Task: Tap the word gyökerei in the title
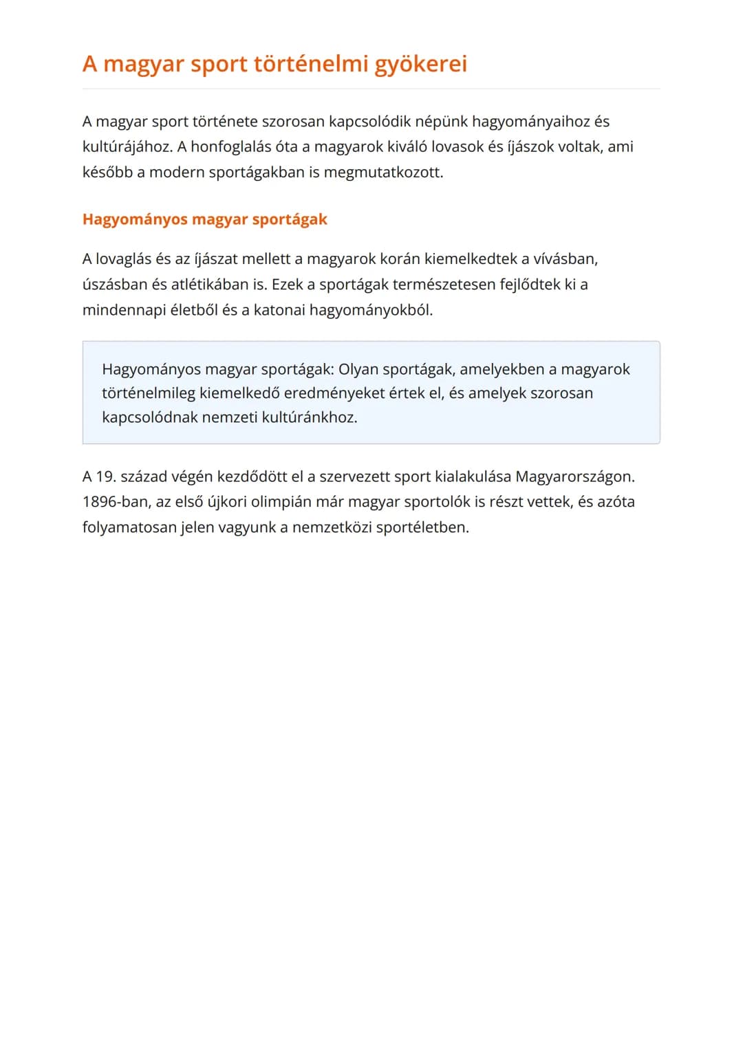tap(420, 64)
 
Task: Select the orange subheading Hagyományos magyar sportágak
tap(204, 219)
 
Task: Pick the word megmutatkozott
tap(383, 172)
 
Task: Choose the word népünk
tap(441, 122)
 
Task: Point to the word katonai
tap(279, 310)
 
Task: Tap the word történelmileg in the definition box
tap(148, 393)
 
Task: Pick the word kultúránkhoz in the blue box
tap(310, 417)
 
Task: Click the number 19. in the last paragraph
tap(106, 477)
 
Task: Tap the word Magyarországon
tap(574, 477)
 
